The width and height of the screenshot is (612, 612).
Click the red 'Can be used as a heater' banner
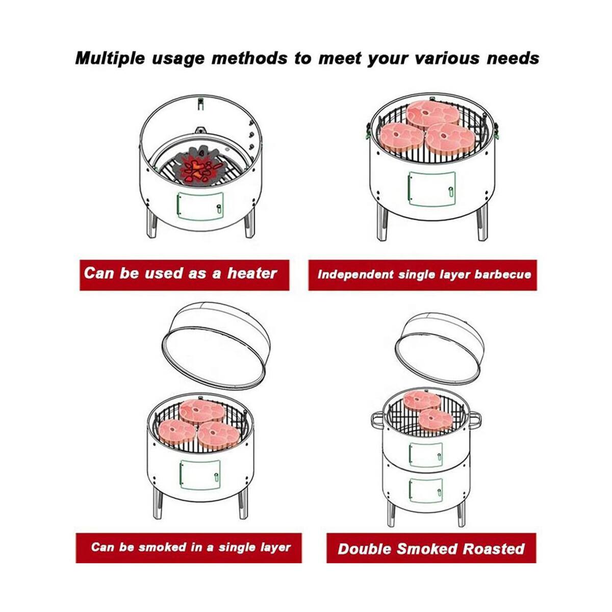pyautogui.click(x=184, y=274)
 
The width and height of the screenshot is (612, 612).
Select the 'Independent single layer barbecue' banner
pyautogui.click(x=423, y=274)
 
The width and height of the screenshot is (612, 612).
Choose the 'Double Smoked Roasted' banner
pyautogui.click(x=431, y=548)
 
